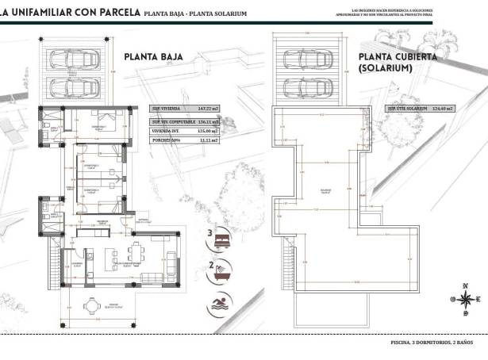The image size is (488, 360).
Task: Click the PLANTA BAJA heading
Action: coord(154,57)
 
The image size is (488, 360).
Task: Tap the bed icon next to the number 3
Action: coord(225,237)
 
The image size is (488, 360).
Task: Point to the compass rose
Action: coord(465,298)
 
